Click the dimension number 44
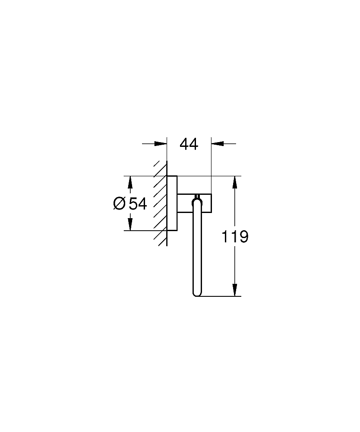(189, 144)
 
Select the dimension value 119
(235, 237)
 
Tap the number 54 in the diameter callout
(138, 203)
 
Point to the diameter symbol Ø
(120, 203)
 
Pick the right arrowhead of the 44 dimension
(217, 144)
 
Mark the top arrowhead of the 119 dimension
(235, 182)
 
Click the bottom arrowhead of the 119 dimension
(235, 290)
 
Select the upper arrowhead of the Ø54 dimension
(130, 182)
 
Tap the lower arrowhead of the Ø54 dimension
(130, 224)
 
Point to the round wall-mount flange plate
(172, 203)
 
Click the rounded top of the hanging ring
(197, 198)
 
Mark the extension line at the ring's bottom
(220, 296)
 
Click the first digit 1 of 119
(225, 237)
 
